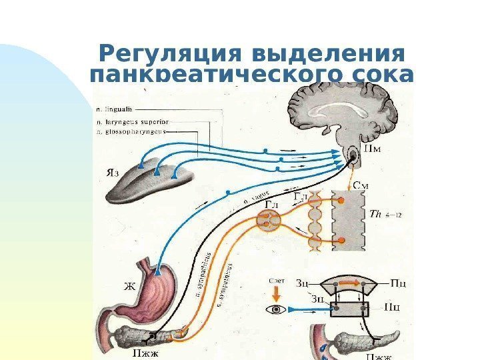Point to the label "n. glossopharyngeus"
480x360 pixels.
[x=131, y=132]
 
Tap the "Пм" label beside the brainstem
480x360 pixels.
[x=373, y=147]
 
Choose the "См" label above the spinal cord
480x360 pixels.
[x=360, y=185]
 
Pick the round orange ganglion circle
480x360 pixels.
[x=269, y=218]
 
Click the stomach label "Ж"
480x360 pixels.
[x=131, y=287]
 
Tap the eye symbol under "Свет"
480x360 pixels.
[x=274, y=310]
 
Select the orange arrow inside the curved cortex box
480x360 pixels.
[x=348, y=283]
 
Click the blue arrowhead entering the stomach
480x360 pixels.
[x=158, y=272]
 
